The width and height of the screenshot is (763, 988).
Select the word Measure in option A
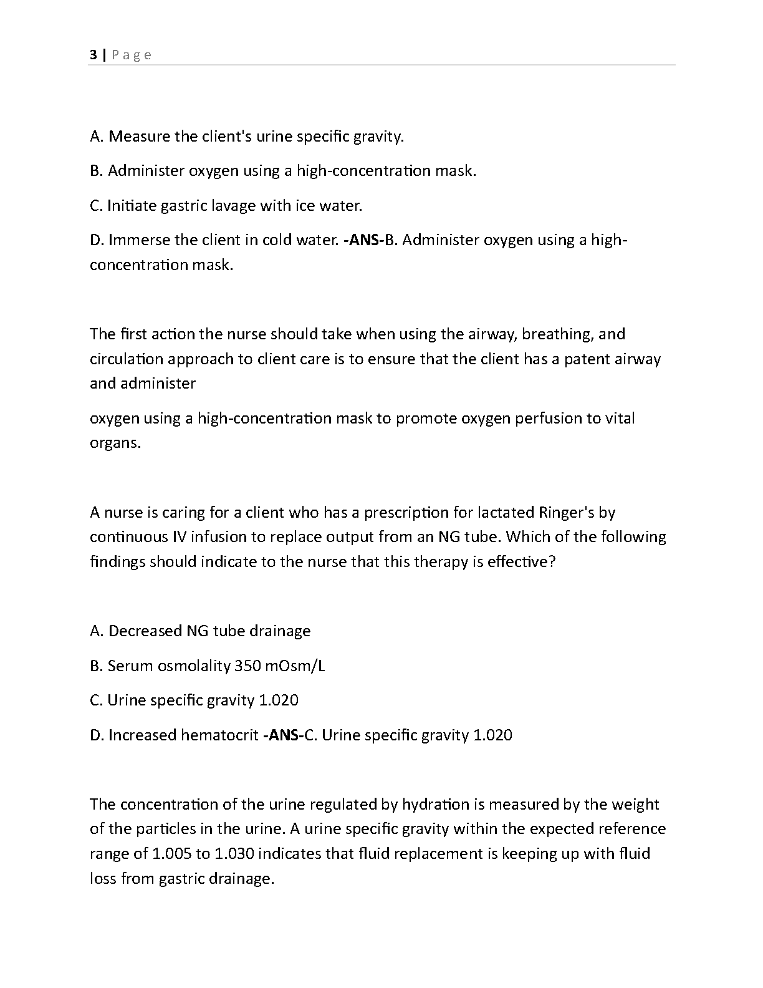point(139,136)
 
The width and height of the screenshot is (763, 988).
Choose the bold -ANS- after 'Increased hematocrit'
point(283,735)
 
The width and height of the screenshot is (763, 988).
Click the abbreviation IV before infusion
point(178,537)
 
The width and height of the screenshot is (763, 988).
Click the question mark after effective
point(550,561)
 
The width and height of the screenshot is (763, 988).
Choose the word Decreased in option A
point(145,631)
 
